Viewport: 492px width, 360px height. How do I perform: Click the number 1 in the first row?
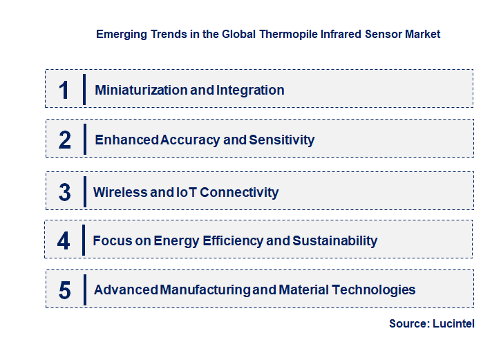pyautogui.click(x=64, y=90)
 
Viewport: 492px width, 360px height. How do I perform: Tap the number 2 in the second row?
pyautogui.click(x=65, y=140)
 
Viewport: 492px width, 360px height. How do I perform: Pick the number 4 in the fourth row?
pyautogui.click(x=64, y=241)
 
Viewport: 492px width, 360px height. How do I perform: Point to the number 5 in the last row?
pyautogui.click(x=64, y=290)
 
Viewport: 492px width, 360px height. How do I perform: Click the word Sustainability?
pyautogui.click(x=335, y=241)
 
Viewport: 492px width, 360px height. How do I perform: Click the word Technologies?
pyautogui.click(x=375, y=290)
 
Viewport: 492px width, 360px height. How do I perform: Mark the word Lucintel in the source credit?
pyautogui.click(x=453, y=324)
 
